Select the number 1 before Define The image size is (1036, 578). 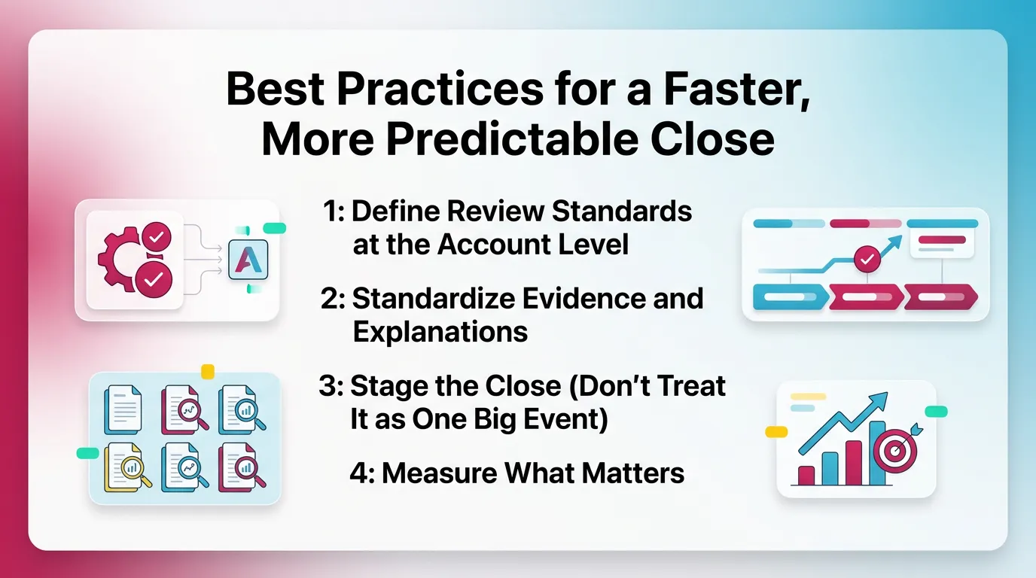tap(331, 212)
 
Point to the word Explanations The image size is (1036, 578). tap(440, 332)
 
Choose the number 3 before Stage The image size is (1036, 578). tap(329, 385)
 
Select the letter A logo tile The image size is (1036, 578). tap(247, 260)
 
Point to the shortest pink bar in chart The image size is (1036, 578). tap(806, 474)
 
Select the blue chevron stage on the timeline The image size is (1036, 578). tap(788, 297)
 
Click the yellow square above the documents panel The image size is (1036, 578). tap(208, 372)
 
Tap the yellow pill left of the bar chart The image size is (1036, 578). tap(775, 432)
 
